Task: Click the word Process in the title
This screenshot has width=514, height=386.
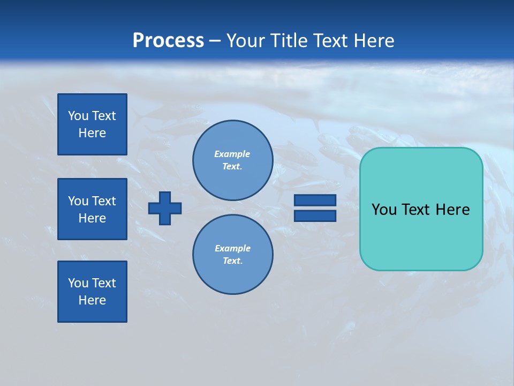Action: (168, 41)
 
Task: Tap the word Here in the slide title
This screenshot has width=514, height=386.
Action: (375, 41)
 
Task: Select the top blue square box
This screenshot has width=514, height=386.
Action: (92, 124)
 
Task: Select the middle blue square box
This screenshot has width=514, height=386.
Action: (92, 209)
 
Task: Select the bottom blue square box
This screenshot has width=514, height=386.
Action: (92, 292)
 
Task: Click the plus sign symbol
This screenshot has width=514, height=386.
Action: (165, 208)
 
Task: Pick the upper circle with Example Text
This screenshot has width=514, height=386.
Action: (232, 160)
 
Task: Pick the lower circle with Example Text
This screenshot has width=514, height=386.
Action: (232, 255)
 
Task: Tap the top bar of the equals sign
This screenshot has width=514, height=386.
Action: (315, 200)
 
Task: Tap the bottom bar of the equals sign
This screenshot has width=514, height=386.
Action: (315, 216)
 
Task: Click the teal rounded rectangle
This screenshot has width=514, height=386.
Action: (421, 236)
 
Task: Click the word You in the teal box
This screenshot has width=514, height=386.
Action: (384, 210)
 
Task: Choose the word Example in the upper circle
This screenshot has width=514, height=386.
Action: (232, 154)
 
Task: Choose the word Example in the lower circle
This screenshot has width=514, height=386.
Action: (232, 248)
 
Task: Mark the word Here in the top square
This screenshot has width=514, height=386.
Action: (92, 133)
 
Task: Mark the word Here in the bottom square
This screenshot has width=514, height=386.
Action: (92, 300)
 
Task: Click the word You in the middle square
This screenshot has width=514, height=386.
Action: (78, 201)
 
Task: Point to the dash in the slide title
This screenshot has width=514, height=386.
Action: (215, 41)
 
